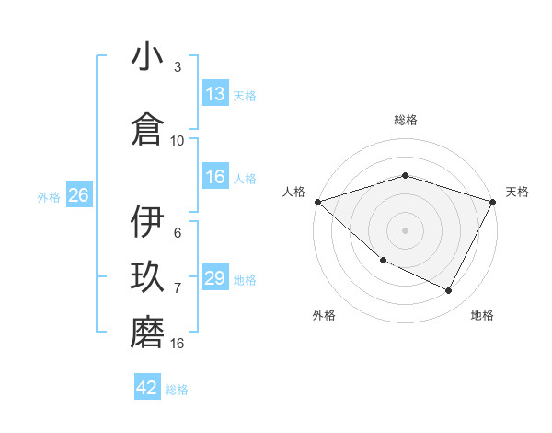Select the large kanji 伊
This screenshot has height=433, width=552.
pos(147,223)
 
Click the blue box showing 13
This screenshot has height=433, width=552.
pos(215,94)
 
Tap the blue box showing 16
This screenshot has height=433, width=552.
pos(215,177)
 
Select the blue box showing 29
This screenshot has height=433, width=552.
pos(215,278)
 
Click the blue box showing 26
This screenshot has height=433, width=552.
pos(78,195)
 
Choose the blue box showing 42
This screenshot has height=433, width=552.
pos(147,388)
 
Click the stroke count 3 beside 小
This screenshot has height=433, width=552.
pos(178,67)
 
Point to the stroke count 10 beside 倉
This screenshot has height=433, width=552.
pos(178,141)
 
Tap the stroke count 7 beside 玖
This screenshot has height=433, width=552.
pos(178,288)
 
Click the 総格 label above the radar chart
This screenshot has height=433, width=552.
pos(405,120)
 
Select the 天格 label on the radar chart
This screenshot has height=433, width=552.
pos(517,192)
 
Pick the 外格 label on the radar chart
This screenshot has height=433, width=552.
pos(324,315)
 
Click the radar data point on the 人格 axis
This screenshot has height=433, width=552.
pos(317,201)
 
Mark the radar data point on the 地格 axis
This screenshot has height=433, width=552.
pos(449,291)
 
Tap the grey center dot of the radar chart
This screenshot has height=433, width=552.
pos(405,229)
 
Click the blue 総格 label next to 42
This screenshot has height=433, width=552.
pos(177,390)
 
